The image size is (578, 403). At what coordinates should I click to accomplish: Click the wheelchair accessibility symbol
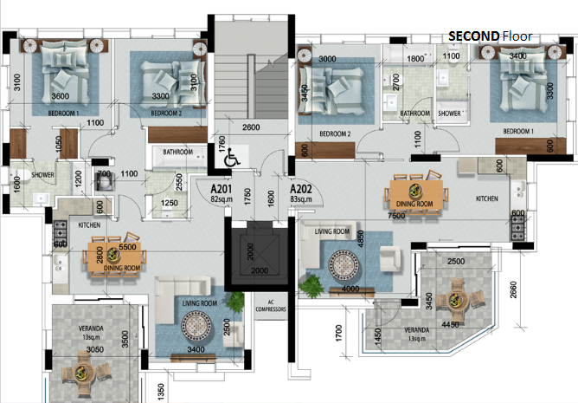[x=232, y=157]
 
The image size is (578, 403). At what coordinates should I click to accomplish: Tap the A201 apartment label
[x=222, y=189]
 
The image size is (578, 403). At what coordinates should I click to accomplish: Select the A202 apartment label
[x=301, y=189]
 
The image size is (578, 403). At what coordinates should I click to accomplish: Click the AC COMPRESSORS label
[x=271, y=305]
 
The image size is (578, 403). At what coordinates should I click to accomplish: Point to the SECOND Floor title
[x=491, y=36]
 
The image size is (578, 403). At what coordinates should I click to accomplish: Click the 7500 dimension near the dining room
[x=396, y=216]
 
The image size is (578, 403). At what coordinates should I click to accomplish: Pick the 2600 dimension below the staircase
[x=251, y=127]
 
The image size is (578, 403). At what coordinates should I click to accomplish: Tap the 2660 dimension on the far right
[x=513, y=290]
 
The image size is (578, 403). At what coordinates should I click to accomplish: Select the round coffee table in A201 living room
[x=196, y=326]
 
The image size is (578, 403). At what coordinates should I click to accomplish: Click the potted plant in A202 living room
[x=311, y=286]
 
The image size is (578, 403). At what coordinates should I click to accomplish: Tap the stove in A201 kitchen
[x=60, y=230]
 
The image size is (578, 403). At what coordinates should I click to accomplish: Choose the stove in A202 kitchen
[x=518, y=225]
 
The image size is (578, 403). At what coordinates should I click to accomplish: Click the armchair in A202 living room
[x=390, y=258]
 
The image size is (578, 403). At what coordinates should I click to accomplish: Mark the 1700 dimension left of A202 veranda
[x=339, y=333]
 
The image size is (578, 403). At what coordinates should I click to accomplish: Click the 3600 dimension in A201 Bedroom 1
[x=60, y=96]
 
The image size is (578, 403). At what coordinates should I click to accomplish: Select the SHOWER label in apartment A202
[x=449, y=114]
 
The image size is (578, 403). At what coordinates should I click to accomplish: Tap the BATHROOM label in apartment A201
[x=178, y=152]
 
